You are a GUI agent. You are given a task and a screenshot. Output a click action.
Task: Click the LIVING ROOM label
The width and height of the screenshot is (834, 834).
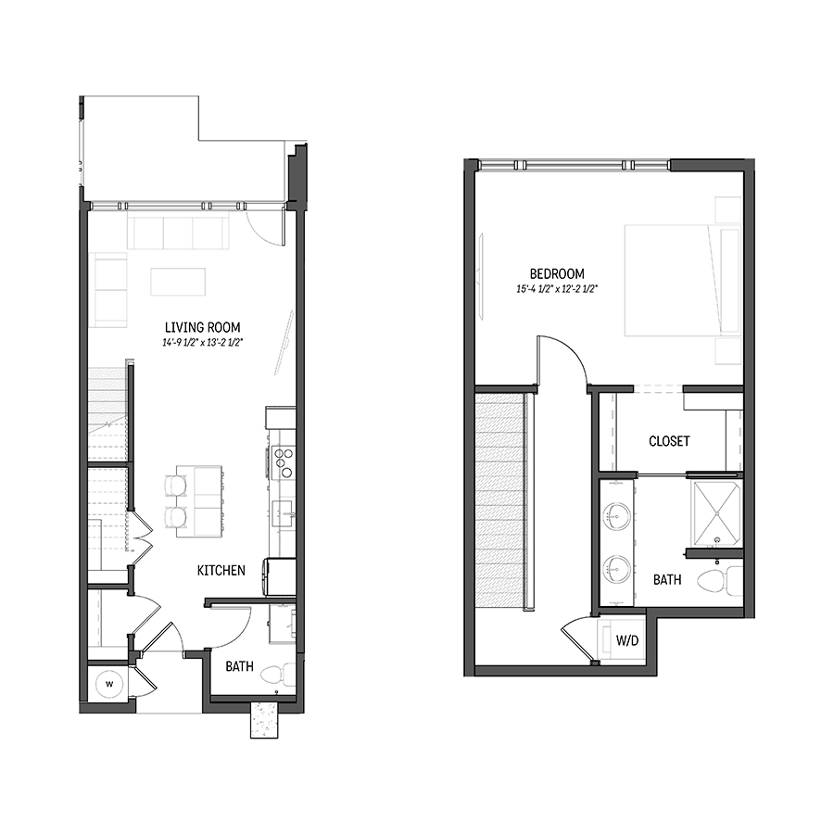[202, 327]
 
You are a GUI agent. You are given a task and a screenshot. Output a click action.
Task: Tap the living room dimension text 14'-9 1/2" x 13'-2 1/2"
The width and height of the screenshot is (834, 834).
[202, 343]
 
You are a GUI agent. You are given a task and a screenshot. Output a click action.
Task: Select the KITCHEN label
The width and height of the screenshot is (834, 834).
[221, 570]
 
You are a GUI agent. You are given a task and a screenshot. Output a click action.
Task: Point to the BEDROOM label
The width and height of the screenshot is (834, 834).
[557, 274]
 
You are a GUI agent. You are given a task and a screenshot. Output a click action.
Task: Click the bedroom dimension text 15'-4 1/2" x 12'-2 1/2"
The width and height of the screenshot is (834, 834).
[557, 289]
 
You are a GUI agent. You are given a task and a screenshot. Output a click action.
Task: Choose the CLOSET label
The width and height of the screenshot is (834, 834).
[669, 441]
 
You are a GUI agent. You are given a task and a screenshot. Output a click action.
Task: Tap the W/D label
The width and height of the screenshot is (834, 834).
[627, 640]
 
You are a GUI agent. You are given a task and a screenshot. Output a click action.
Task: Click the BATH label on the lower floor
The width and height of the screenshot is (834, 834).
[239, 666]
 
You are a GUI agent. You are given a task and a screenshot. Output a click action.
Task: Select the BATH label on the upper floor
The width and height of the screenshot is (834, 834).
[667, 579]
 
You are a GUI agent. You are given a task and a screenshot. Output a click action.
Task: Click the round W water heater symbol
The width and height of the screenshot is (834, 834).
[109, 684]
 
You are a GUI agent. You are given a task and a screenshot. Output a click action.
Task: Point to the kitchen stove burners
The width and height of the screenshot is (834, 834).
[283, 462]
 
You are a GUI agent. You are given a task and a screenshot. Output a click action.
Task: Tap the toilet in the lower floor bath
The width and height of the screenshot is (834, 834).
[278, 675]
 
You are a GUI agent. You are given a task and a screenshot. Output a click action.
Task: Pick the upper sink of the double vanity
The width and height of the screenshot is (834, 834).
[617, 515]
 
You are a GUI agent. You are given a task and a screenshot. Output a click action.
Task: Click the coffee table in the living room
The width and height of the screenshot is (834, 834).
[178, 282]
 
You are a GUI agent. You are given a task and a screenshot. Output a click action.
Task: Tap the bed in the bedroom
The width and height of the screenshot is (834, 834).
[683, 280]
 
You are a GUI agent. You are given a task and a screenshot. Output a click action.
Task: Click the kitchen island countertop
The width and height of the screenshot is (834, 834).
[199, 501]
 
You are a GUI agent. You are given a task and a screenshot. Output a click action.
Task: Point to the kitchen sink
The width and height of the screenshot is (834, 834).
[284, 513]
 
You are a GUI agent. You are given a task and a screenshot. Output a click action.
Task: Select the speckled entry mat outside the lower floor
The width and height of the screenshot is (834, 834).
[264, 720]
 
